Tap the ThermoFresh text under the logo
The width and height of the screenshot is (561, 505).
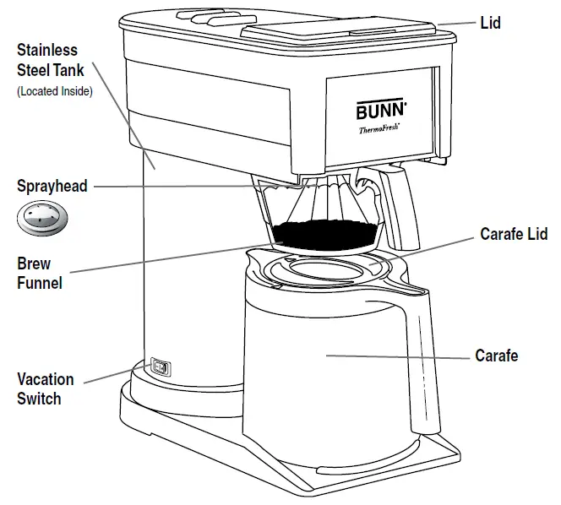coord(379,129)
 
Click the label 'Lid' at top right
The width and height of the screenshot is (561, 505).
coord(490,23)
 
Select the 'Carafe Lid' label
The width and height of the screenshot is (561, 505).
coord(514,234)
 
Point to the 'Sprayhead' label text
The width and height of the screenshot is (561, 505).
coord(52,186)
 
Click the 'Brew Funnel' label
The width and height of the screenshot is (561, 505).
coord(39,274)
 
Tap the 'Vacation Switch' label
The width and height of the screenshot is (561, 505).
coord(45,388)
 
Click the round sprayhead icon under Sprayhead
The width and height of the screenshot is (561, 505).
coord(43,220)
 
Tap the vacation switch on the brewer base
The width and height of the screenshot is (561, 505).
coord(160,367)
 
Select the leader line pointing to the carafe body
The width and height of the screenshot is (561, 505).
coord(397,356)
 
